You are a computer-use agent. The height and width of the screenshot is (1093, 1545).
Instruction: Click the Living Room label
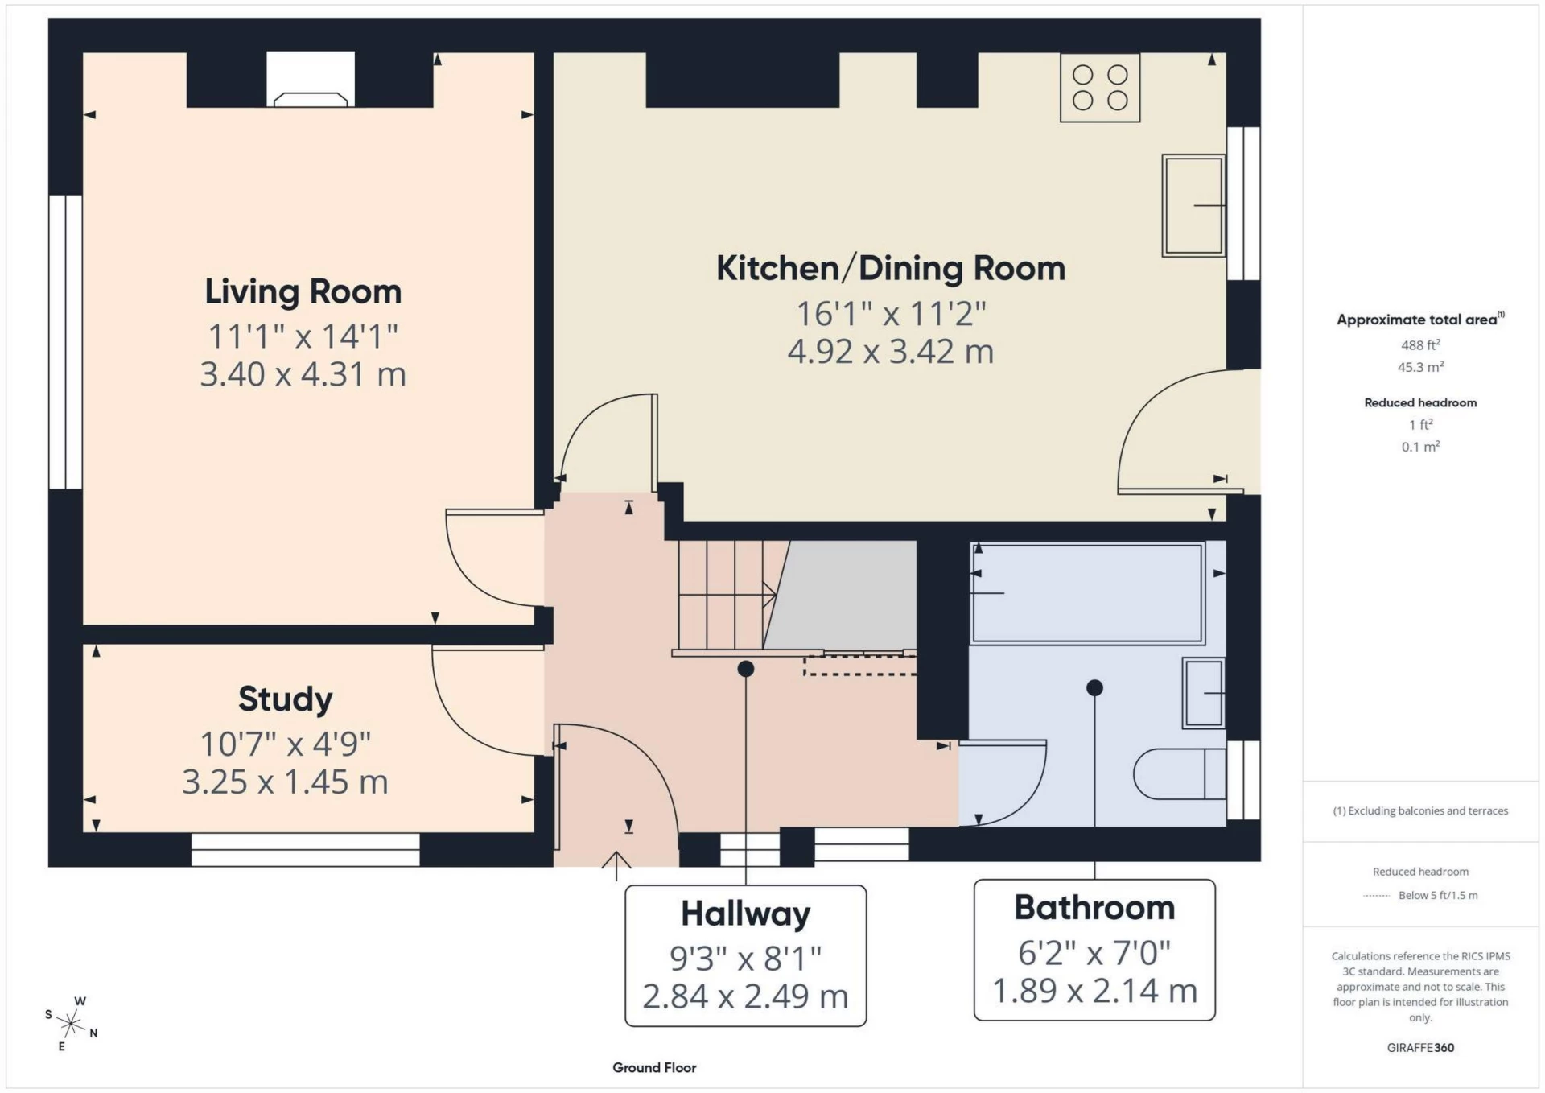[303, 291]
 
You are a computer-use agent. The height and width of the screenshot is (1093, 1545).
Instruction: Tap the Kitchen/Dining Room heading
[890, 268]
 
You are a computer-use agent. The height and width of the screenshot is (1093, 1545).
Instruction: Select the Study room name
[285, 699]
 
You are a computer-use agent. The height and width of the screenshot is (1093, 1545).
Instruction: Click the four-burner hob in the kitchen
[1099, 88]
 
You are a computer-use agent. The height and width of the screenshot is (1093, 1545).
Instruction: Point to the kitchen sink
[1193, 205]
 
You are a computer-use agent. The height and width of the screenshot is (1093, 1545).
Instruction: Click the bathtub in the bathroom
[1088, 594]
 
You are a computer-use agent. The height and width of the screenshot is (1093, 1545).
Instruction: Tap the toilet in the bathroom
[1179, 774]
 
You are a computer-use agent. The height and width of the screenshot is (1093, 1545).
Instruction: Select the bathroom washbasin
[1203, 693]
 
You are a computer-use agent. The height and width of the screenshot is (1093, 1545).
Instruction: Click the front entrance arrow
[616, 865]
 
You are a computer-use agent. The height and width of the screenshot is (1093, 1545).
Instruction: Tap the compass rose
[71, 1024]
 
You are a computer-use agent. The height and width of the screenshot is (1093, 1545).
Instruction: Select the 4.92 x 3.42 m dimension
[890, 352]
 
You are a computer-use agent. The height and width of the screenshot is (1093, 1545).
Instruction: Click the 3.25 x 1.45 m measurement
[285, 782]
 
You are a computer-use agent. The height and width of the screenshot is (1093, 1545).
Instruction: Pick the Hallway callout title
[745, 914]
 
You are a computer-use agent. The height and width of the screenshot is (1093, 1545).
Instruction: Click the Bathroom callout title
[1094, 908]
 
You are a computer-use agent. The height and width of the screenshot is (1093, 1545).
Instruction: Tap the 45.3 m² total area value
[1419, 367]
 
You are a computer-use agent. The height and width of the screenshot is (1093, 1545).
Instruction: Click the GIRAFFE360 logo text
[1420, 1047]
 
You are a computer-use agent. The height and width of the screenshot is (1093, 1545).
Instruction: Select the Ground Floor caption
[653, 1067]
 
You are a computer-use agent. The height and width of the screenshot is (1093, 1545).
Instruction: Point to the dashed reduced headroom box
[859, 665]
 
